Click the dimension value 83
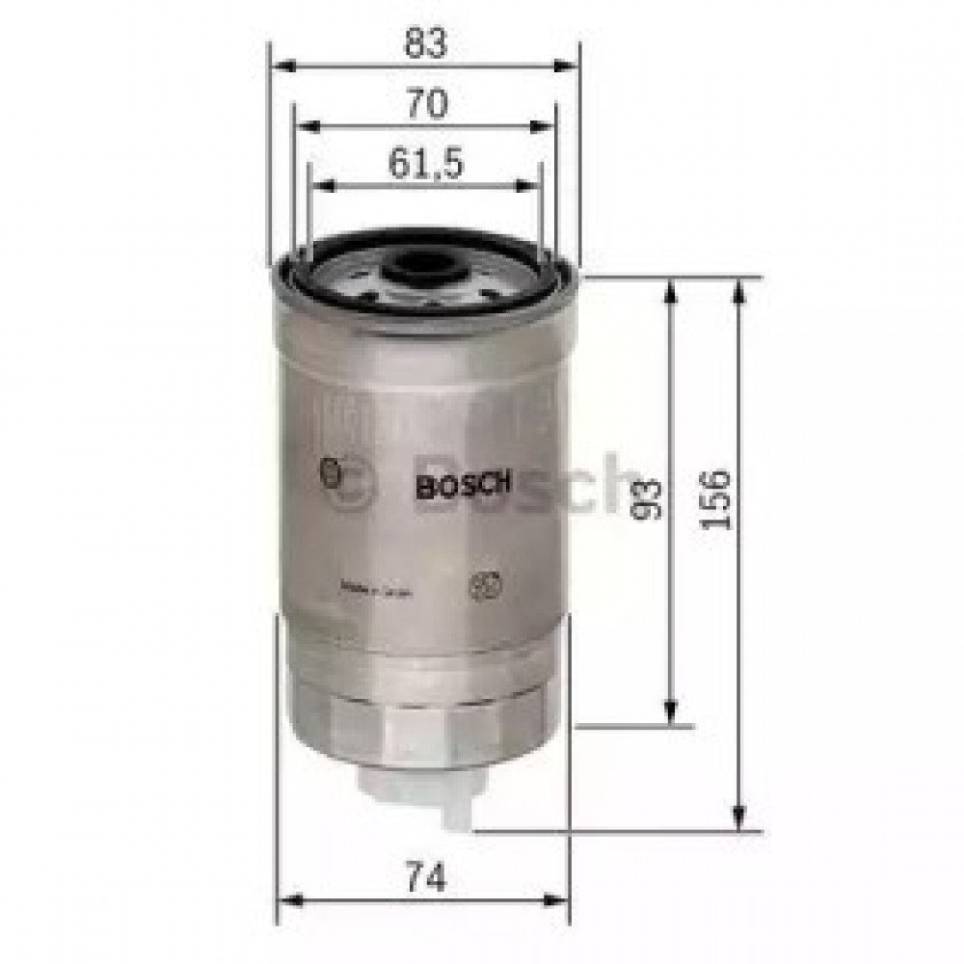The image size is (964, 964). click(x=425, y=43)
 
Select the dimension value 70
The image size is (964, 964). click(x=425, y=103)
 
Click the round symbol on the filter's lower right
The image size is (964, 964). click(x=479, y=586)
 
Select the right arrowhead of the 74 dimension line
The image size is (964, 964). click(x=561, y=900)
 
